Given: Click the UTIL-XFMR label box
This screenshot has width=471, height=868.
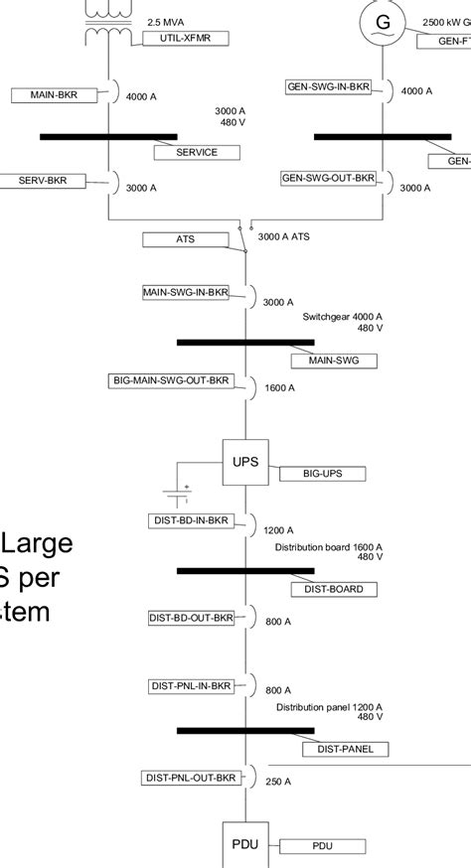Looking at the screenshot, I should tap(187, 38).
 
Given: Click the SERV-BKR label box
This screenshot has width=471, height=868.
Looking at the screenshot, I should tap(51, 180).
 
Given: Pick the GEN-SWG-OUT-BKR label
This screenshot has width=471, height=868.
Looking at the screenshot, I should tap(329, 178).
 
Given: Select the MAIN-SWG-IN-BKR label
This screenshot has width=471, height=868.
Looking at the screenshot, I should tap(186, 292).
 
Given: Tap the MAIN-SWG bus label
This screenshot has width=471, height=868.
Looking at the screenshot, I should tap(333, 361).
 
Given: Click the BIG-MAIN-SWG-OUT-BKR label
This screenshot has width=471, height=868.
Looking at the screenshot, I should tap(171, 380).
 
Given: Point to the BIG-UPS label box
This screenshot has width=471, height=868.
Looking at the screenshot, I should tap(323, 475).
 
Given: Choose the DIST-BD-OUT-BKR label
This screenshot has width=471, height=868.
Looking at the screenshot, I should tap(191, 618).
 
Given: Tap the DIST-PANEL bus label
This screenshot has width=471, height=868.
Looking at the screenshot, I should tap(345, 749).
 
